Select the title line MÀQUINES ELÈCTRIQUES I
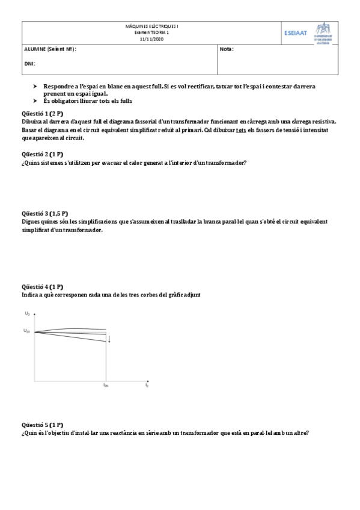pyautogui.click(x=151, y=26)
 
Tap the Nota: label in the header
pyautogui.click(x=227, y=49)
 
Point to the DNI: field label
pyautogui.click(x=29, y=63)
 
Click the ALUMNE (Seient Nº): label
pyautogui.click(x=50, y=49)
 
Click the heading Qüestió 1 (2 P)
pyautogui.click(x=41, y=113)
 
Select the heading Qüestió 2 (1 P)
pyautogui.click(x=41, y=155)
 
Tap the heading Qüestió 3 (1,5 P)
pyautogui.click(x=44, y=213)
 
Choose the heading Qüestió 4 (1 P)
pyautogui.click(x=41, y=287)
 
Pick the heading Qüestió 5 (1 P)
pyautogui.click(x=41, y=424)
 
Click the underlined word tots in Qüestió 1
pyautogui.click(x=240, y=129)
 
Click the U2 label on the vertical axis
pyautogui.click(x=27, y=313)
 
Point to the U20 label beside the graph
pyautogui.click(x=27, y=331)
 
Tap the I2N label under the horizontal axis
pyautogui.click(x=106, y=385)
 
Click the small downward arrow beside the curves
pyautogui.click(x=109, y=339)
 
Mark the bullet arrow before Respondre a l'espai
pyautogui.click(x=35, y=87)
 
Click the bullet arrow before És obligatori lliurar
pyautogui.click(x=35, y=101)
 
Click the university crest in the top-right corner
pyautogui.click(x=323, y=33)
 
